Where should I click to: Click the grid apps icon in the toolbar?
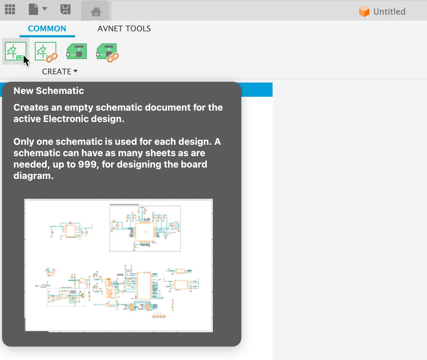[x=10, y=10]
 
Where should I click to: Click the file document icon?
[x=33, y=10]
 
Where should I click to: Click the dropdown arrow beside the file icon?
[x=45, y=9]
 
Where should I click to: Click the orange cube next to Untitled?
[x=364, y=12]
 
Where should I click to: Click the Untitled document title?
[x=389, y=12]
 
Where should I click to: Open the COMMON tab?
[x=47, y=29]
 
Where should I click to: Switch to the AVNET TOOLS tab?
[x=124, y=29]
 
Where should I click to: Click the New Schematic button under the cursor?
[x=16, y=52]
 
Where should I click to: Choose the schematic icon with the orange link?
[x=46, y=52]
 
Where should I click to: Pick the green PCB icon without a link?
[x=77, y=52]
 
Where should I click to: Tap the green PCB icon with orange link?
[x=107, y=52]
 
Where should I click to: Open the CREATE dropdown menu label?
[x=59, y=72]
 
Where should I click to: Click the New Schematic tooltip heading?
[x=49, y=91]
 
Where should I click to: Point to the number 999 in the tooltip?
[x=88, y=164]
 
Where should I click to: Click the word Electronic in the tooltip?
[x=66, y=119]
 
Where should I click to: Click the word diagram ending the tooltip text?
[x=33, y=176]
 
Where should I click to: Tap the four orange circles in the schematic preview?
[x=159, y=316]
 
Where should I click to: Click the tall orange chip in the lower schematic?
[x=144, y=286]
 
